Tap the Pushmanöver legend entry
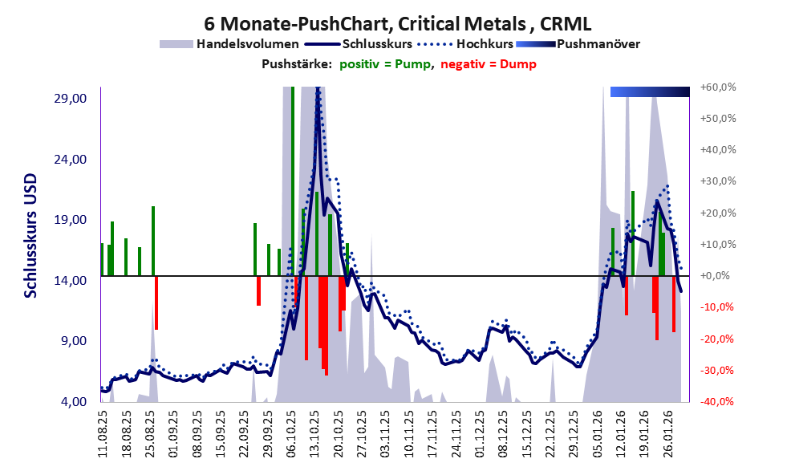(x=598, y=44)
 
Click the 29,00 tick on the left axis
(x=69, y=98)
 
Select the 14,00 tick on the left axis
(x=69, y=280)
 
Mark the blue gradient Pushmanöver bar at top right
(x=650, y=91)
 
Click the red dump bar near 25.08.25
(x=156, y=302)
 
